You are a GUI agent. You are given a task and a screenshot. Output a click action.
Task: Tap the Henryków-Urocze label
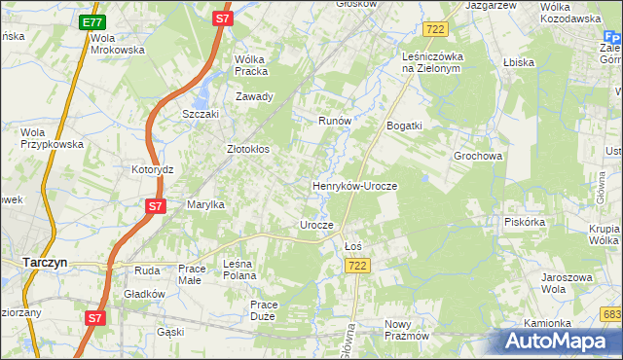[354, 185]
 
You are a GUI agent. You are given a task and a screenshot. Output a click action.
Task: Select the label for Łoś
[353, 245]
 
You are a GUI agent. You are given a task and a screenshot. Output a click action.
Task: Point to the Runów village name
[334, 121]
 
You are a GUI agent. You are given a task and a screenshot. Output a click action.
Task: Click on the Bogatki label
[404, 126]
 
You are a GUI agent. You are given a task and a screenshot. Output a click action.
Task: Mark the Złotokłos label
[247, 150]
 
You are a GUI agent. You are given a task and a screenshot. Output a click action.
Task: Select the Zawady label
[254, 96]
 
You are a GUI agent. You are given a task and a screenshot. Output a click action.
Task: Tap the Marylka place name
[206, 204]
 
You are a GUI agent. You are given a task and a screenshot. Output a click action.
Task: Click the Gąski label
[170, 332]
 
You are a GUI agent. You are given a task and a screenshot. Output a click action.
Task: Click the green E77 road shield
[92, 22]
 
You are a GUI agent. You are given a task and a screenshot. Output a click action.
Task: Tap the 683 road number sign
[612, 313]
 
